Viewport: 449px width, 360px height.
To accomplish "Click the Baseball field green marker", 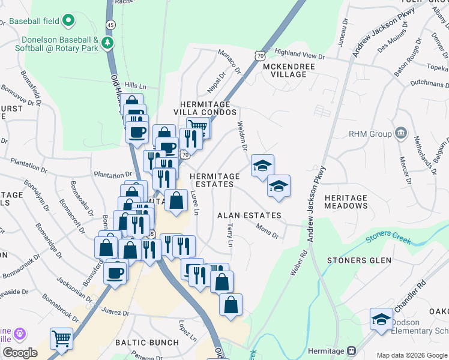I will coord(69,21).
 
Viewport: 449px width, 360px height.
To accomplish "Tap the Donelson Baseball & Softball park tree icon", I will coord(107,43).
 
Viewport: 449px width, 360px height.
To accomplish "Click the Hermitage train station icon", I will coord(352,350).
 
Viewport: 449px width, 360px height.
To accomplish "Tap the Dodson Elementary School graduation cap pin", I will coord(381,319).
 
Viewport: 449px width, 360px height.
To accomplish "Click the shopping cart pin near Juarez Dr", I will coord(61,338).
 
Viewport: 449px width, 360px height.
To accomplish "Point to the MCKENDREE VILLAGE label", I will coord(285,70).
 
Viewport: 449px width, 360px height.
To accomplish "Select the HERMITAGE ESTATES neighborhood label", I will coord(215,180).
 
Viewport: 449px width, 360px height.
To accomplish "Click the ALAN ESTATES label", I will coord(249,215).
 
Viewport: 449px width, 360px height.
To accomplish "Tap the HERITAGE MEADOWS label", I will coord(346,202).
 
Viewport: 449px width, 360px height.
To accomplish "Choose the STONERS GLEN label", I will coord(359,260).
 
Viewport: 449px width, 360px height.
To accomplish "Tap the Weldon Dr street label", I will coord(243,136).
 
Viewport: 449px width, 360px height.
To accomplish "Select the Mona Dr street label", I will coord(267,231).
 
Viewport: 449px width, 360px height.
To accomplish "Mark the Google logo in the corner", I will coord(20,353).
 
